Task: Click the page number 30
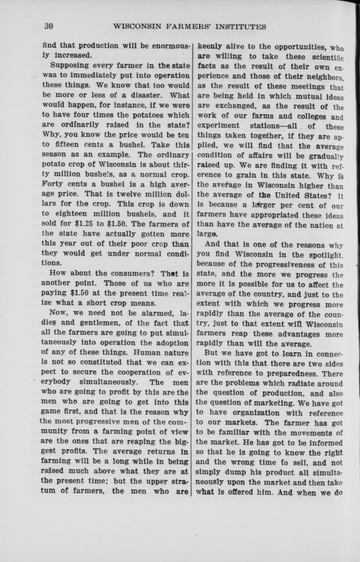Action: point(49,26)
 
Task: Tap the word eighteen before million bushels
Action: point(72,213)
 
